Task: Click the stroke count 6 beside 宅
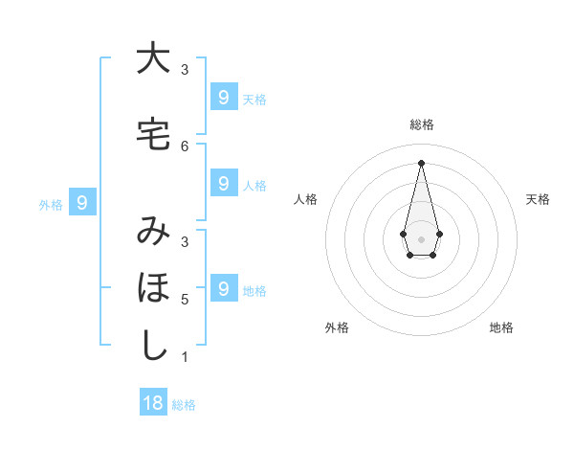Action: point(185,146)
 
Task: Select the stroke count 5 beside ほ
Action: point(185,299)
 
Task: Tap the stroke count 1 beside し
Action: point(185,357)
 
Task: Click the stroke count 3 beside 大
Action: point(185,70)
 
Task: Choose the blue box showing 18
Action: point(153,403)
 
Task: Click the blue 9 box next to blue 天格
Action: point(223,97)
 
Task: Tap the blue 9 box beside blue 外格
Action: point(82,202)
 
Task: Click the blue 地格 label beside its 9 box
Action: point(254,291)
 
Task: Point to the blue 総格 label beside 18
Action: point(184,405)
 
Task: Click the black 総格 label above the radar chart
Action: point(421,124)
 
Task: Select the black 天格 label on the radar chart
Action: point(538,199)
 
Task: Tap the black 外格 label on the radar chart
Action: point(337,327)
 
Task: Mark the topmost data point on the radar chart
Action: point(421,162)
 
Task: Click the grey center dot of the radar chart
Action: point(421,237)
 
